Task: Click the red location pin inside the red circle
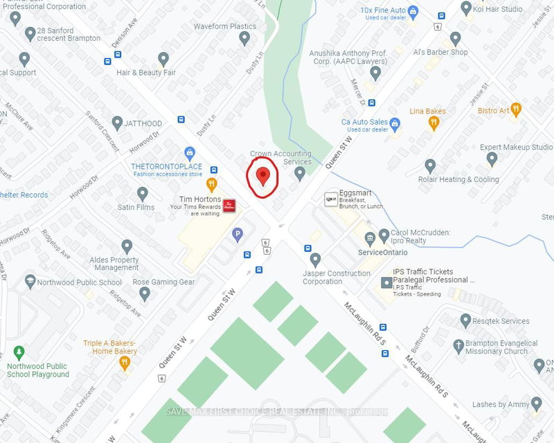tap(262, 176)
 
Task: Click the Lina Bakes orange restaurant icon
tap(434, 123)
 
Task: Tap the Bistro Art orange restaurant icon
tap(515, 109)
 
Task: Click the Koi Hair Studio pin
tap(465, 9)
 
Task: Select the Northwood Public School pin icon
tap(30, 282)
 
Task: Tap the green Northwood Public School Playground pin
tap(19, 352)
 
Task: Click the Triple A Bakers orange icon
tap(125, 362)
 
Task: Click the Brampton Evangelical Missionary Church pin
tap(458, 345)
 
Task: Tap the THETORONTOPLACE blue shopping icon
tap(190, 152)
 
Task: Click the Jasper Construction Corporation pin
tap(316, 260)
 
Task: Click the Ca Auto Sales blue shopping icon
tap(395, 124)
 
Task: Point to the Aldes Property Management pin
tap(127, 246)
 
